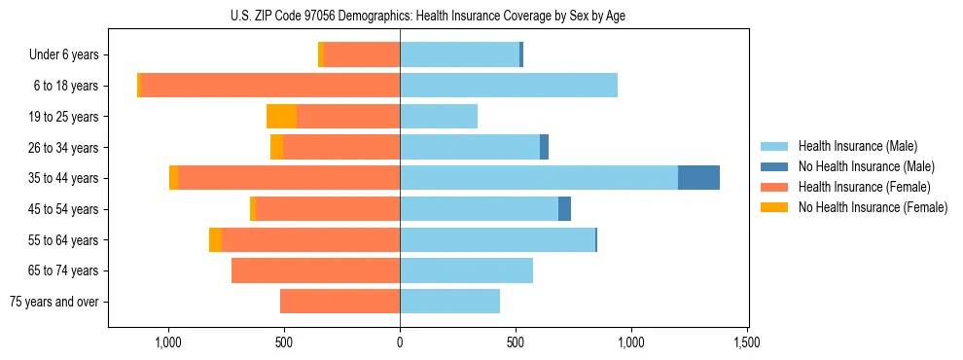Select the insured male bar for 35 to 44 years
click(x=539, y=178)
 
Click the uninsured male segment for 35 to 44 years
click(x=698, y=178)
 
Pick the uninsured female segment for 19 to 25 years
click(x=281, y=117)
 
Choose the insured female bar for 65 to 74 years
click(x=315, y=270)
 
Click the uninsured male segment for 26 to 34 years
click(x=544, y=147)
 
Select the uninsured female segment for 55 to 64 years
click(x=215, y=239)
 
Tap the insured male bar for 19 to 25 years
click(x=439, y=117)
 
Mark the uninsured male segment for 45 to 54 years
click(x=564, y=209)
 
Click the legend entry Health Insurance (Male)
click(x=857, y=146)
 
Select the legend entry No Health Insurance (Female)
click(x=873, y=207)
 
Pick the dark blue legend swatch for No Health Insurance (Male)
click(x=774, y=166)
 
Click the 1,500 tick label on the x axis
click(x=747, y=342)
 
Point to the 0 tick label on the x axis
click(x=400, y=342)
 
